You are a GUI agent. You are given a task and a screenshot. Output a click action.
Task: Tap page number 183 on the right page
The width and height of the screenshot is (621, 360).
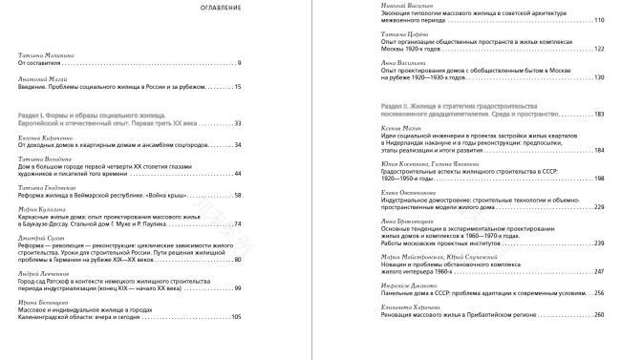click(599, 115)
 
